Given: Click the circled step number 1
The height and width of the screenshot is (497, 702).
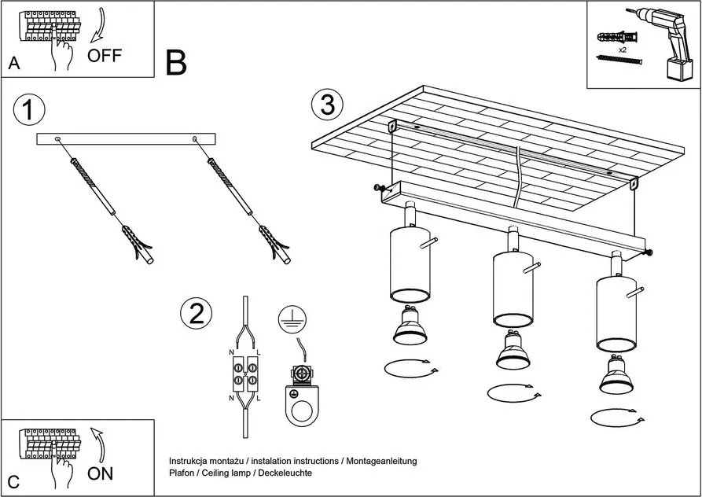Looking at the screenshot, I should pos(28,111).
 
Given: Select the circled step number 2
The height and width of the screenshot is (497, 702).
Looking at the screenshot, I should pos(197,314).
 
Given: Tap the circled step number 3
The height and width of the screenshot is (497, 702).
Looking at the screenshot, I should pos(327,105).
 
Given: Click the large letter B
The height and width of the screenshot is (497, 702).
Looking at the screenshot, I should pos(177,63).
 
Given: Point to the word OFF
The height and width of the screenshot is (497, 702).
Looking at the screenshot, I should pos(105,55).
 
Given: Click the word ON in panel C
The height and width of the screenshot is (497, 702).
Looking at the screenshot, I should pos(100,473).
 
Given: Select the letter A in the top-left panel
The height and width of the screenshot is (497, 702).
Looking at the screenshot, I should pos(13,64).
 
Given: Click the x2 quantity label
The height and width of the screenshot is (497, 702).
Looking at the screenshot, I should pos(622,50).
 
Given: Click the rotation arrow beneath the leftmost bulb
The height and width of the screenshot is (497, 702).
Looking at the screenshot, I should pos(408,368).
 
